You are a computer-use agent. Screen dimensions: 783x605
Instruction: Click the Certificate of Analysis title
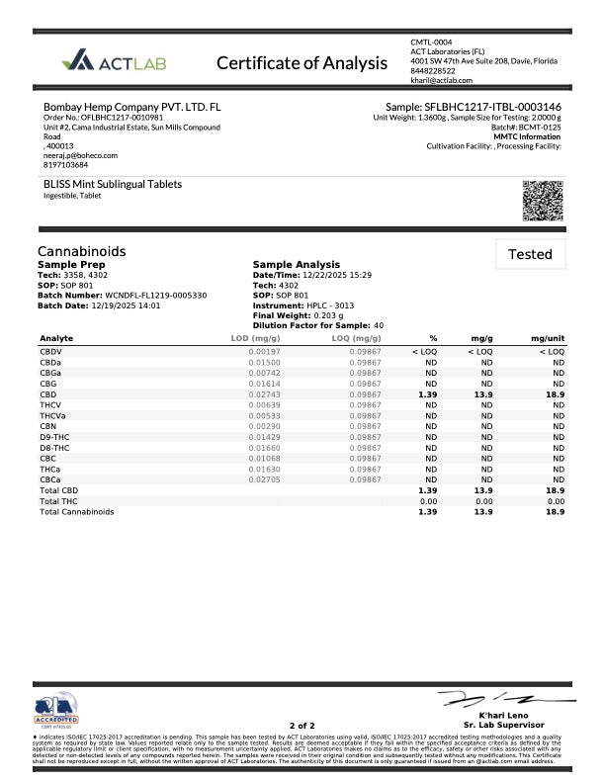(302, 63)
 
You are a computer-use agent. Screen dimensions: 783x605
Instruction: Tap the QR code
(542, 202)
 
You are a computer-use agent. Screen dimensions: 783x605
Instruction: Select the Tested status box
(530, 254)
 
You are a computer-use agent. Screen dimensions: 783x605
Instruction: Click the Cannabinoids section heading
(81, 251)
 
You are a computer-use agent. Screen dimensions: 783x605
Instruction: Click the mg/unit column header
(546, 338)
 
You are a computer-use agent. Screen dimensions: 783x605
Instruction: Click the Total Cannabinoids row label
(76, 512)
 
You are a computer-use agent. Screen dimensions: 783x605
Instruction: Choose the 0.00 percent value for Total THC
(428, 501)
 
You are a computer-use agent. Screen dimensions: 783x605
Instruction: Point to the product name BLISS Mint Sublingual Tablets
(113, 184)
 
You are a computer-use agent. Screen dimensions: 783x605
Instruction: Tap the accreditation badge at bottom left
(56, 710)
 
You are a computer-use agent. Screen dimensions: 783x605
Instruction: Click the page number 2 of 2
(302, 726)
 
